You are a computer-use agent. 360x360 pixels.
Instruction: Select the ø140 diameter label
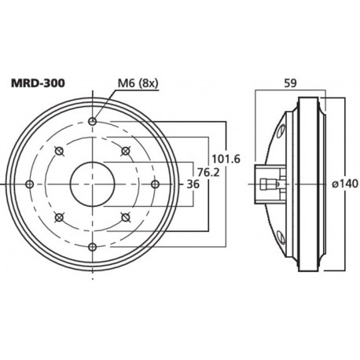pos(343,183)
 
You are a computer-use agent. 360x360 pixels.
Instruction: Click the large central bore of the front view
pos(93,184)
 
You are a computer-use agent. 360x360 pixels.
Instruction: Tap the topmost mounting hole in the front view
pos(93,121)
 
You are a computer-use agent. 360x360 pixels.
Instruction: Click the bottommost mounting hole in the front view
pos(93,247)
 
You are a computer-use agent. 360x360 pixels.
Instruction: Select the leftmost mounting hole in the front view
pos(30,184)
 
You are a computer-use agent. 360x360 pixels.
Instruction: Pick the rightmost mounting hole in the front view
pos(156,184)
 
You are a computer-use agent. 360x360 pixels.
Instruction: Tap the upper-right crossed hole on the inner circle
pos(126,151)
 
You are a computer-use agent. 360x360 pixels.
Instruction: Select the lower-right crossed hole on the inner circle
pos(126,217)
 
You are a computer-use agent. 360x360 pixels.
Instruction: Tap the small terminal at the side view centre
pos(270,184)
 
